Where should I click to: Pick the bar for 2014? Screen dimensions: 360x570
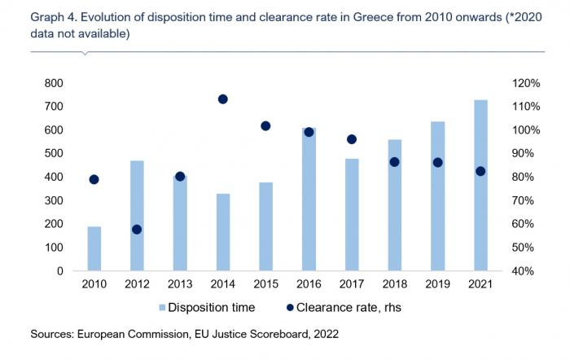click(222, 232)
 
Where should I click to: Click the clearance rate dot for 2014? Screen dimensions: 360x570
click(222, 99)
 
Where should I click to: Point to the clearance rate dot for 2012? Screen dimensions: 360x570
click(137, 230)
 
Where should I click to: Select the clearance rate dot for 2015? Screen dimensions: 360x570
click(265, 126)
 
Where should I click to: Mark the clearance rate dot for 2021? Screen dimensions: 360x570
click(480, 171)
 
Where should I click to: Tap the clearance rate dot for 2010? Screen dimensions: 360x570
click(94, 180)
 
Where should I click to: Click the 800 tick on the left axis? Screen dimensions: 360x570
click(53, 83)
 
